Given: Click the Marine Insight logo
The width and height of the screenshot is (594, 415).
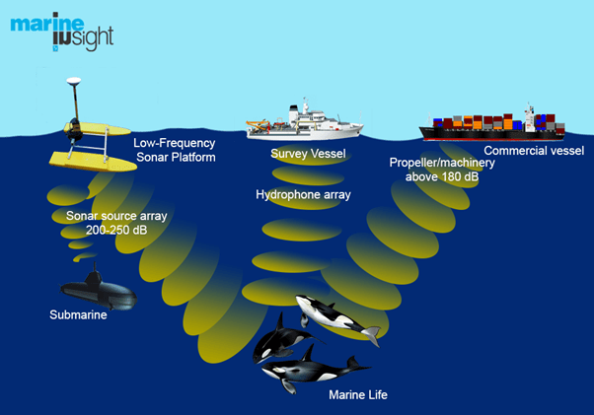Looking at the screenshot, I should tap(61, 32).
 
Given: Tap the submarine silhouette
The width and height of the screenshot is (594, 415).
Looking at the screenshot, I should tap(97, 290).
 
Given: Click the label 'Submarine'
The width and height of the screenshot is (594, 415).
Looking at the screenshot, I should tap(77, 315).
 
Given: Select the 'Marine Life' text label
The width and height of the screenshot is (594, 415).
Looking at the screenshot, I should tap(358, 394).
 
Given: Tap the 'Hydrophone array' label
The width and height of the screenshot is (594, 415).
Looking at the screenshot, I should tap(303, 195).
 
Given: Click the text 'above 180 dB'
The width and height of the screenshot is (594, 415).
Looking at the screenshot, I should tap(442, 177).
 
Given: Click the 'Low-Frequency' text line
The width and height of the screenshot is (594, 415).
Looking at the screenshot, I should tap(174, 142).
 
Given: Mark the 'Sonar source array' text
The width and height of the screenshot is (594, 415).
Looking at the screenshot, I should tap(111, 215).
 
